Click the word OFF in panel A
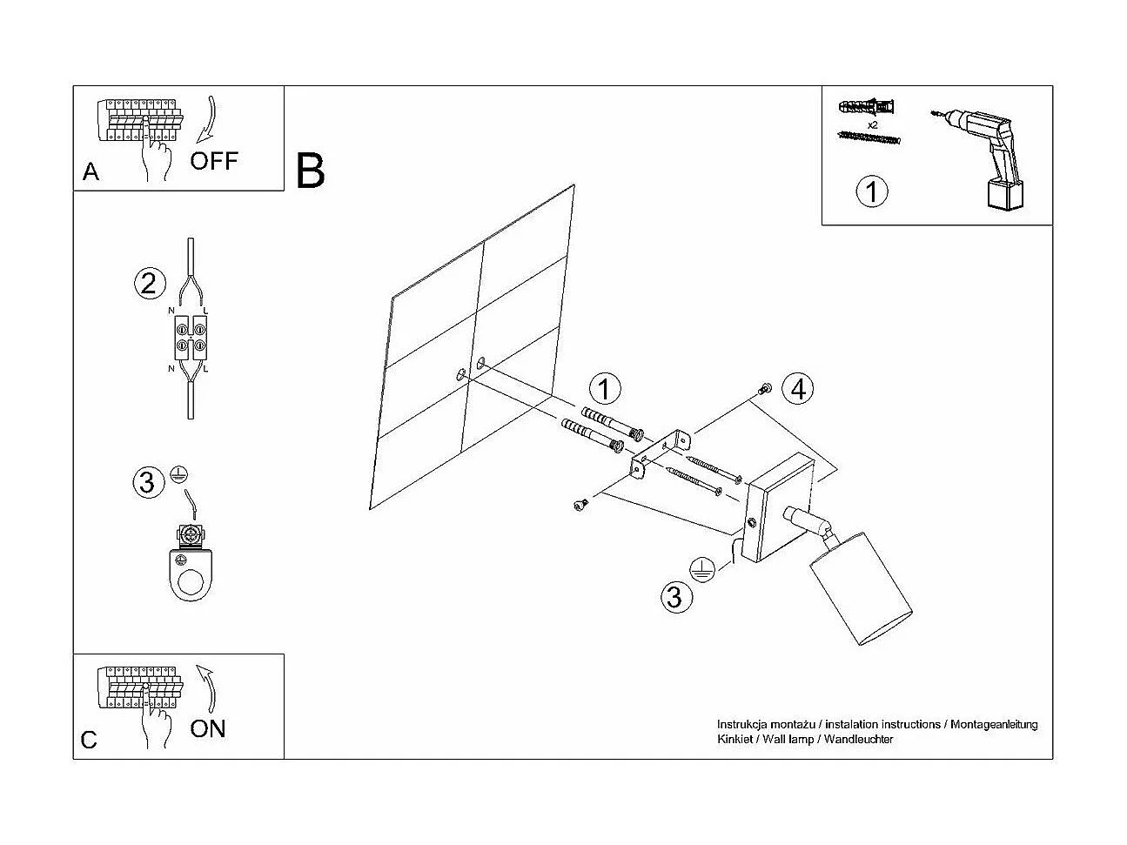click(213, 160)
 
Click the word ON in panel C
click(207, 728)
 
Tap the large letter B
click(311, 171)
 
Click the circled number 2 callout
click(149, 283)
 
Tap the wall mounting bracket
click(660, 453)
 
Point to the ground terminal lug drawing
click(190, 566)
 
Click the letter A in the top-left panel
click(91, 172)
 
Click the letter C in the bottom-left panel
click(89, 740)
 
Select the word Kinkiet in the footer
click(733, 740)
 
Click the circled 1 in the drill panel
click(872, 191)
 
